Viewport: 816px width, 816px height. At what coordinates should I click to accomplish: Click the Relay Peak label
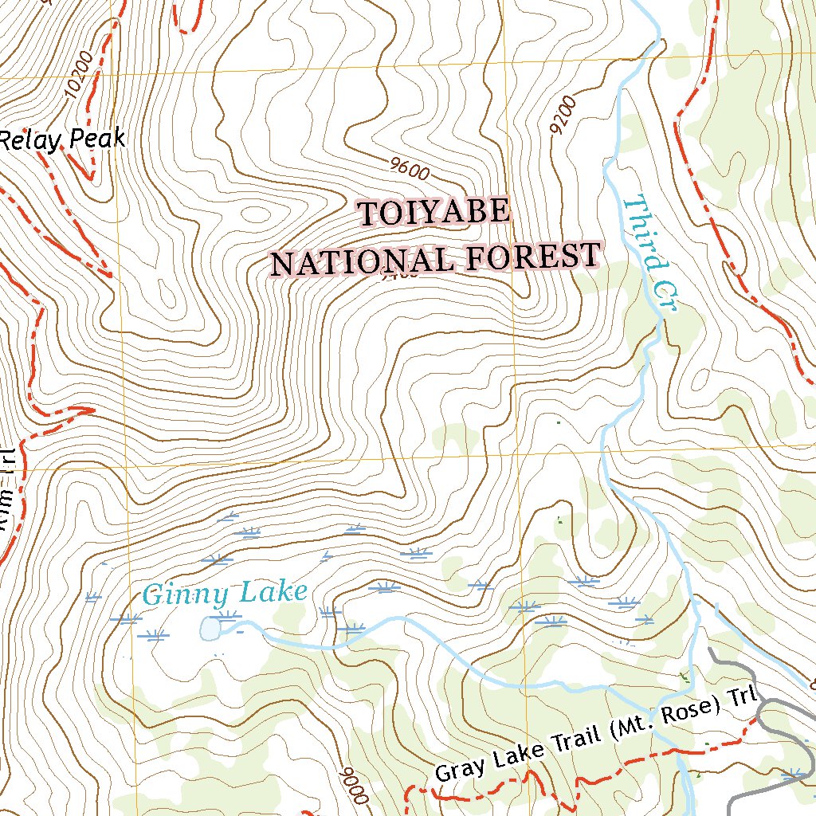(62, 140)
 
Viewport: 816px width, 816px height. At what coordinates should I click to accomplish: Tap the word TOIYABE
(433, 213)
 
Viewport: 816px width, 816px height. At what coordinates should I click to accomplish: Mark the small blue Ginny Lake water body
(210, 630)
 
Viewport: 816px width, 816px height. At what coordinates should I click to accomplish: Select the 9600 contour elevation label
(410, 168)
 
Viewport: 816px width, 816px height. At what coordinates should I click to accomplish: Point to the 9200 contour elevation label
(562, 116)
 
